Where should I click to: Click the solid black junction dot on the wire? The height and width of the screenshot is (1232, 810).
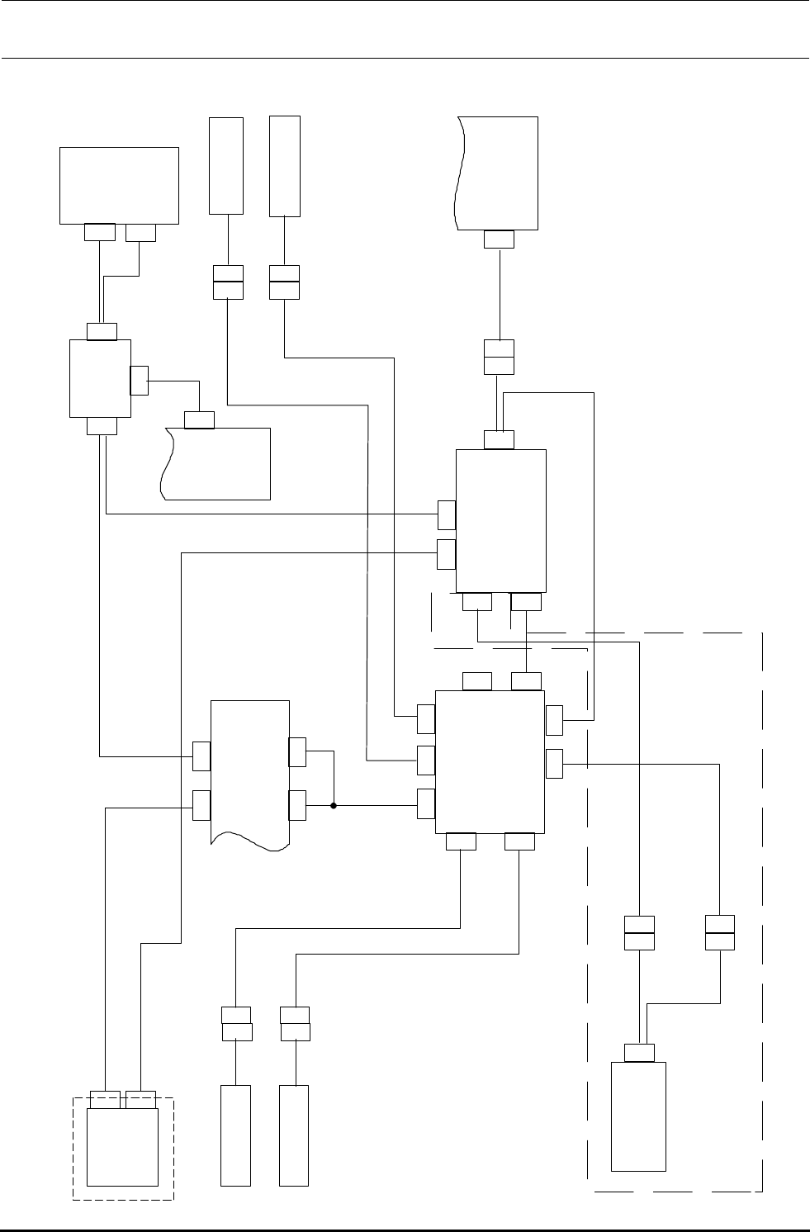(334, 804)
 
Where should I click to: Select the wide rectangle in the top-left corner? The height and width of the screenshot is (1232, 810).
(120, 185)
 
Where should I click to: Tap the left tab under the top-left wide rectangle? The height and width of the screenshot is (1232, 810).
(100, 232)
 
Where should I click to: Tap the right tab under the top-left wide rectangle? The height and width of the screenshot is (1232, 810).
(140, 232)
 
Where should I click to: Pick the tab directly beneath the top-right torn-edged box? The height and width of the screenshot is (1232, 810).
(499, 239)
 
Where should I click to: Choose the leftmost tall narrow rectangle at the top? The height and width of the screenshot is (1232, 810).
(226, 165)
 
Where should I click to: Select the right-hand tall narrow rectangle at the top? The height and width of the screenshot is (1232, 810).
(285, 165)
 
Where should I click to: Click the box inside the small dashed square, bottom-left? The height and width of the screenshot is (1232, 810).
(122, 1147)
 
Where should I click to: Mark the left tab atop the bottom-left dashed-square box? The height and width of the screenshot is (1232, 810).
(105, 1100)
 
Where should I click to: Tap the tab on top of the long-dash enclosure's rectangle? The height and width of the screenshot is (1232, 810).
(640, 1052)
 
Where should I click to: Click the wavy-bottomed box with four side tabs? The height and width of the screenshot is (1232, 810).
(250, 772)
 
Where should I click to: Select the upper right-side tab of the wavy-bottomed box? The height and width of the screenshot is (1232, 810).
(298, 752)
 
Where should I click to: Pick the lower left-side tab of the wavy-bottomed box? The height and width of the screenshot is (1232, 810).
(201, 805)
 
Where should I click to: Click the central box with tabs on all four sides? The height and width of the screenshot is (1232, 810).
(490, 762)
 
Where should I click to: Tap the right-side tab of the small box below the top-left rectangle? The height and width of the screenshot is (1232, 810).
(139, 381)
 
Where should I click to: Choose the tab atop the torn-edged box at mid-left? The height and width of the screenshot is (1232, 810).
(199, 420)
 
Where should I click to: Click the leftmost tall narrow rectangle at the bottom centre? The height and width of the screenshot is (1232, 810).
(236, 1136)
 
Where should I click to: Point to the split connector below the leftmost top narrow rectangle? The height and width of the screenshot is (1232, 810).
(228, 282)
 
